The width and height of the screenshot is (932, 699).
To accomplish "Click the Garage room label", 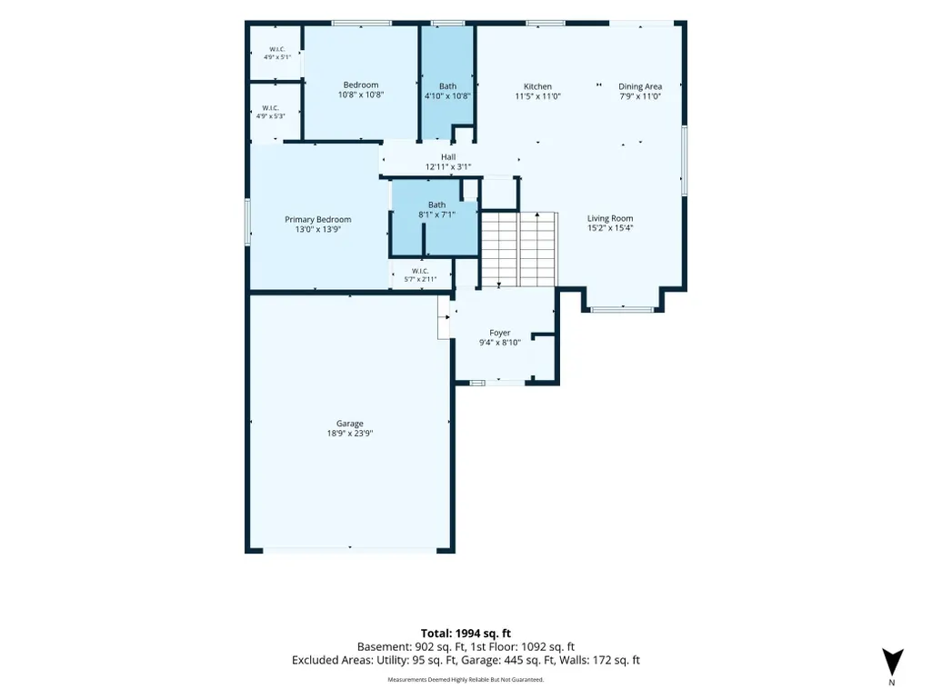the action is point(349,424).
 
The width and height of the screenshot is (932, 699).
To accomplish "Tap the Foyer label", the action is point(500,333).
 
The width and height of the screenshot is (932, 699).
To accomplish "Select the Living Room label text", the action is point(610,218).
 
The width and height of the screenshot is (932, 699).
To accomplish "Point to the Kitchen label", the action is point(537,86).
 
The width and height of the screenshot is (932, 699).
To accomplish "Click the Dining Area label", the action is point(640,86).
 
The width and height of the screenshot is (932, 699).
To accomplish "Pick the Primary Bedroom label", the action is point(318,219).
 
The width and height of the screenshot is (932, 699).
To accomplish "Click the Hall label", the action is point(448,157).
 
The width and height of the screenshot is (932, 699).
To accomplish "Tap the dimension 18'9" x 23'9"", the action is point(350,434).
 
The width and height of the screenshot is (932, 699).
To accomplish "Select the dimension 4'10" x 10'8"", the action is point(447,95).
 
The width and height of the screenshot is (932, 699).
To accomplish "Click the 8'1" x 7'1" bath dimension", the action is point(436,215).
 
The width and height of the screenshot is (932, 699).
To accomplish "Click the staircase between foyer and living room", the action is point(519,250).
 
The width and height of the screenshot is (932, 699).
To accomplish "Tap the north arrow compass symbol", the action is point(892,664).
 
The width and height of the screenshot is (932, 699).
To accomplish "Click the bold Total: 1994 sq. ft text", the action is point(466,634).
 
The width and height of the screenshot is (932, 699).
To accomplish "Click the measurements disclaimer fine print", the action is point(466,679).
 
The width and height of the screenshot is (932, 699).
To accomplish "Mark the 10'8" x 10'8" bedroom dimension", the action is point(361,95).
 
